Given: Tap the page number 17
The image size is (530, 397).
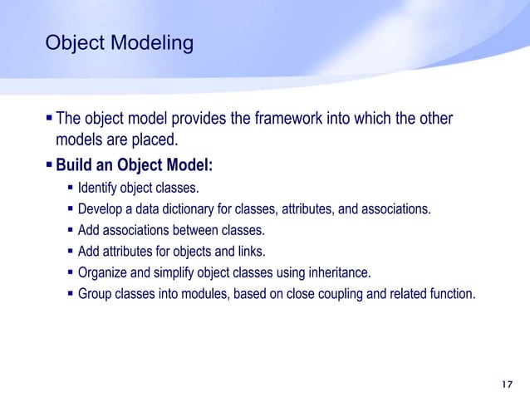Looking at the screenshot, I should point(508,384).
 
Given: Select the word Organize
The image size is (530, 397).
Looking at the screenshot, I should point(103,272).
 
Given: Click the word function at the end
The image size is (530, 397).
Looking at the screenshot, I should point(452,292).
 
